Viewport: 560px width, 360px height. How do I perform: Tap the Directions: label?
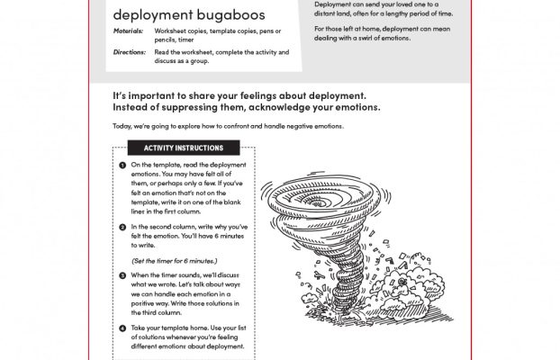coord(129,52)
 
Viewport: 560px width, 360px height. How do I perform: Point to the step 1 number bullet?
coord(122,166)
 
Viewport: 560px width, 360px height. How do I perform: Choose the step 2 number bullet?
coord(122,227)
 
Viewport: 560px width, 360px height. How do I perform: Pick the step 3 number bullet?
coord(122,275)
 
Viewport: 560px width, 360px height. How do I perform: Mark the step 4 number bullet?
coord(122,328)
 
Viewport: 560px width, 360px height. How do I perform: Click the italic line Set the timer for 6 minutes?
coord(174,260)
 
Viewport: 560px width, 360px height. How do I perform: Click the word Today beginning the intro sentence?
coord(122,126)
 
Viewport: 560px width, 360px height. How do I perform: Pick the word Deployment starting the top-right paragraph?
coord(333,4)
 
